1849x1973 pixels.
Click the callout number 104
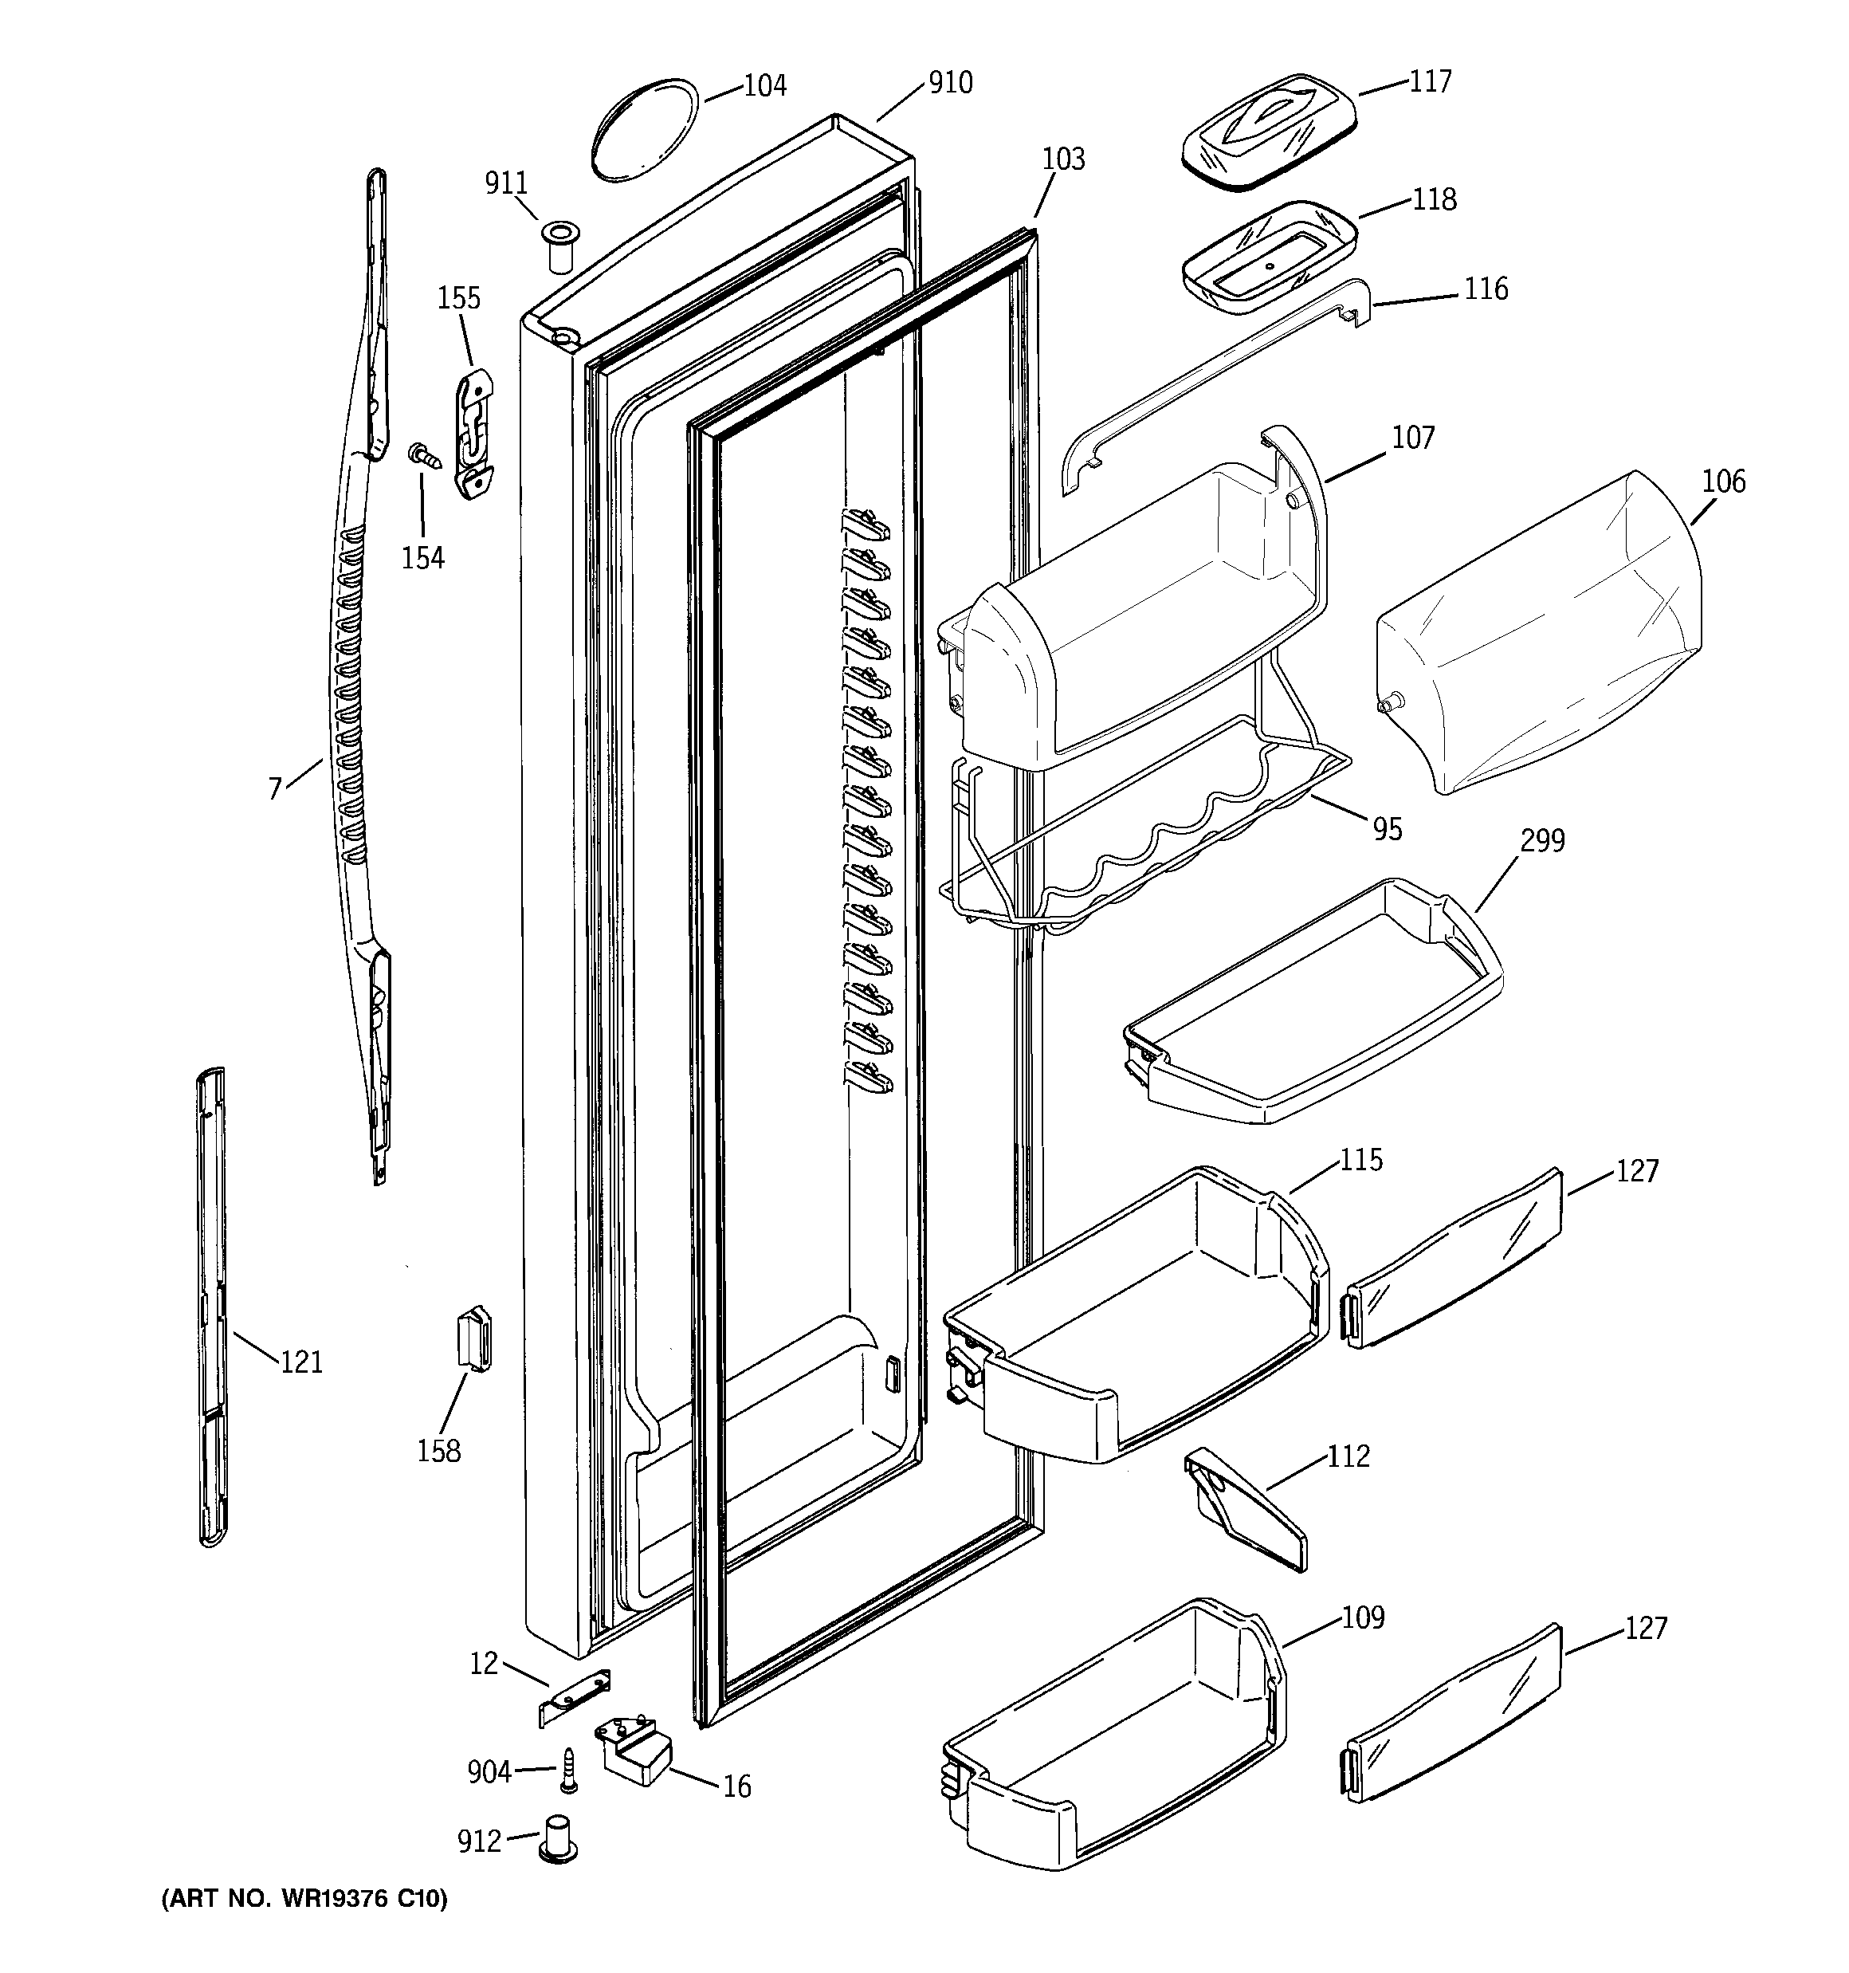764,86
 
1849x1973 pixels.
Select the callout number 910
950,82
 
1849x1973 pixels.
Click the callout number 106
1723,481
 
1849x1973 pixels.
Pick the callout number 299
1542,840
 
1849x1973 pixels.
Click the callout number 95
1388,829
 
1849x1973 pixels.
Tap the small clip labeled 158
473,1338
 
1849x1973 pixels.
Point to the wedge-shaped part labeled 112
1246,1511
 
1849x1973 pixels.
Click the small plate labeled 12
574,1698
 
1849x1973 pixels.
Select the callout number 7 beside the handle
275,788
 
